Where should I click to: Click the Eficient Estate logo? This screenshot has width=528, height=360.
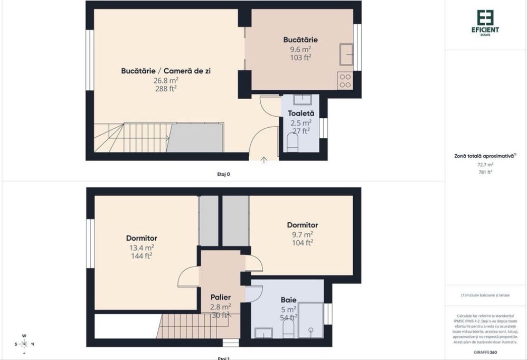coord(487,22)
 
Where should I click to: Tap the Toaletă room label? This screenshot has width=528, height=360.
coord(301,113)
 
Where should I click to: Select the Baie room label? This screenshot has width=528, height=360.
coord(288,299)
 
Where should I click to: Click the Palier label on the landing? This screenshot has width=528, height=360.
coord(220,297)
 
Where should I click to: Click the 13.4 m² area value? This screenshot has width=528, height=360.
coord(142,247)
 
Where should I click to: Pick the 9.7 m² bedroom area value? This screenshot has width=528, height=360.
coord(302,234)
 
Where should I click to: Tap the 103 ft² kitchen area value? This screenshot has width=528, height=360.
coord(300,58)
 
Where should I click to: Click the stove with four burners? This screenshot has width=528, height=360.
coord(345,80)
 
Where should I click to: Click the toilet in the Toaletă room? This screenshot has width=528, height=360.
coord(291,141)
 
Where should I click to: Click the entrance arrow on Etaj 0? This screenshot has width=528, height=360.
coord(264,159)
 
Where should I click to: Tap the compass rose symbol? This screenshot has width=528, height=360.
coord(24,344)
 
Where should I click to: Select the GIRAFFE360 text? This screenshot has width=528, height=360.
coord(486,352)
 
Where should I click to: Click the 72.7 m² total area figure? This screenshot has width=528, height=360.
coord(485,164)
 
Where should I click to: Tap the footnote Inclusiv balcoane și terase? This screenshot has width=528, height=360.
coord(485,295)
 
